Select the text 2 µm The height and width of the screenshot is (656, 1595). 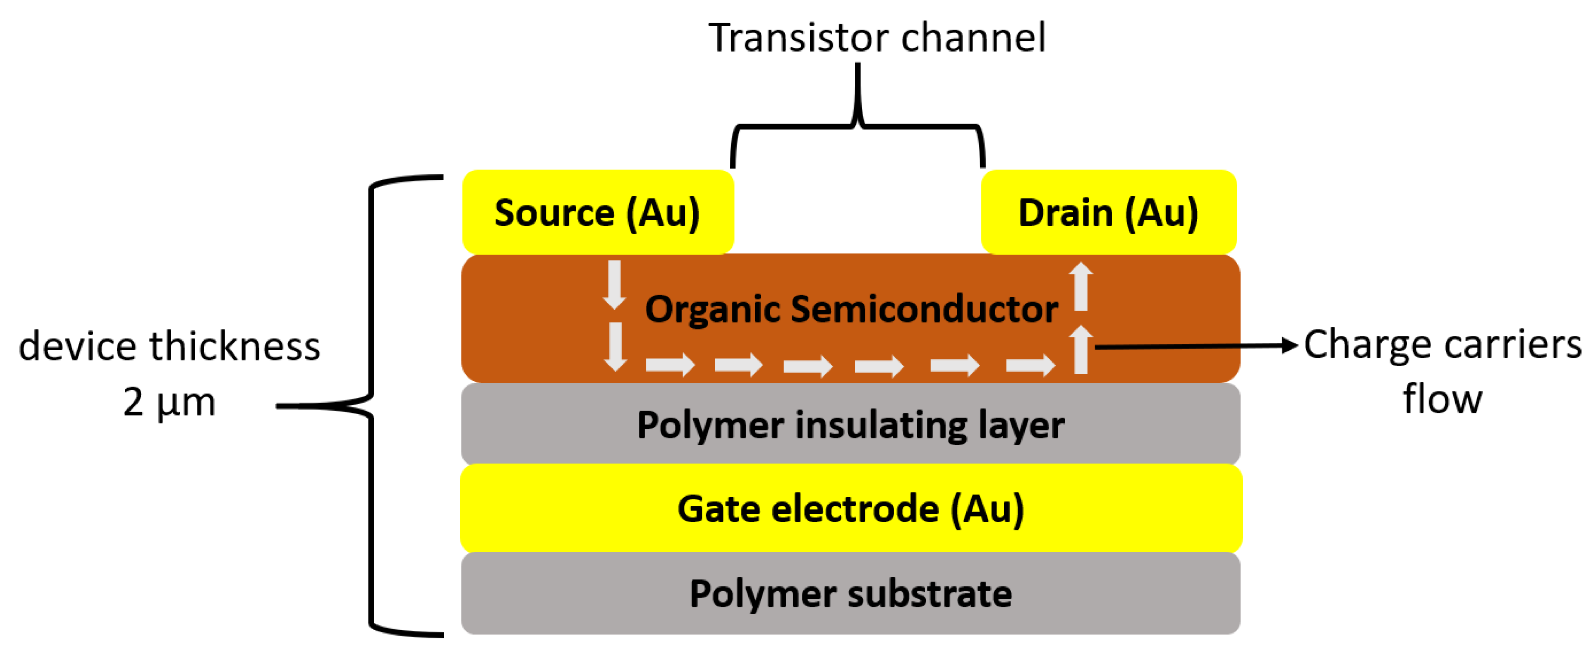click(169, 402)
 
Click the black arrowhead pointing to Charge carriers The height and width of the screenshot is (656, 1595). click(1289, 346)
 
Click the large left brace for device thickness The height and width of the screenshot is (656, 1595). click(372, 406)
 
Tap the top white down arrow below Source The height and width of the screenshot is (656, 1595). click(614, 285)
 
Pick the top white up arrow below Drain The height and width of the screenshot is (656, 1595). click(1081, 286)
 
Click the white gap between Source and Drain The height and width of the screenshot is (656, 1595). click(857, 211)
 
